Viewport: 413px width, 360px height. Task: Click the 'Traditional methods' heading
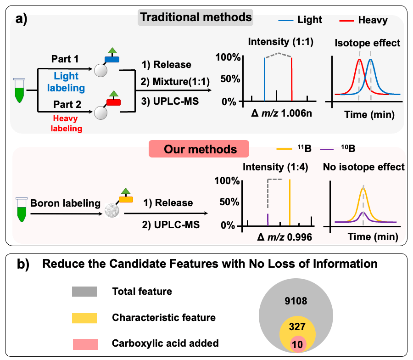coord(196,18)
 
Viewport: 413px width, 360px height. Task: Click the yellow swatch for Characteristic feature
coord(84,317)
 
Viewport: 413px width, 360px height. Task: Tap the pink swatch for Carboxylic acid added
coord(84,343)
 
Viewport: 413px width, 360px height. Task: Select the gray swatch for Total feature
coord(84,291)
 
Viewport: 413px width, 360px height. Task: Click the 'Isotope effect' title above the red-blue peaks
coord(367,44)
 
